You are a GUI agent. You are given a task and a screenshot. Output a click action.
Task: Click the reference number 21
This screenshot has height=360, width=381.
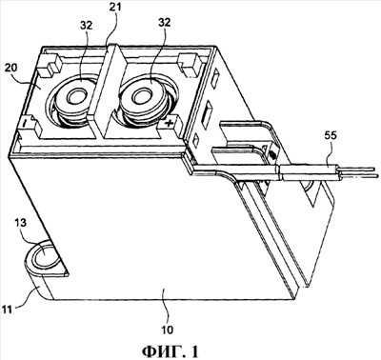(x=116, y=7)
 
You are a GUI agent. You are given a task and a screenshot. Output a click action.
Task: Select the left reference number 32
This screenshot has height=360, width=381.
(x=86, y=26)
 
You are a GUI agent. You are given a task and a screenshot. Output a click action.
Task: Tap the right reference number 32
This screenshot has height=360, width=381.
(x=164, y=22)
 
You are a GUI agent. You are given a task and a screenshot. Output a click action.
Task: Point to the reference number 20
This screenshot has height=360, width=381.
(x=12, y=69)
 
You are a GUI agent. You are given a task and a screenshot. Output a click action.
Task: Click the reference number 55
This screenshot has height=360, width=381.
(x=331, y=136)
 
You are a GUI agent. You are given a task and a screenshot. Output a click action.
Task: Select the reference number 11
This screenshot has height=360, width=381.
(x=8, y=309)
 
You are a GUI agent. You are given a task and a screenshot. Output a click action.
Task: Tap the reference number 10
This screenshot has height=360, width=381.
(x=168, y=330)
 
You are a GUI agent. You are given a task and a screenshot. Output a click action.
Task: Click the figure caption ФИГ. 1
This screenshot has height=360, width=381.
(x=170, y=351)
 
